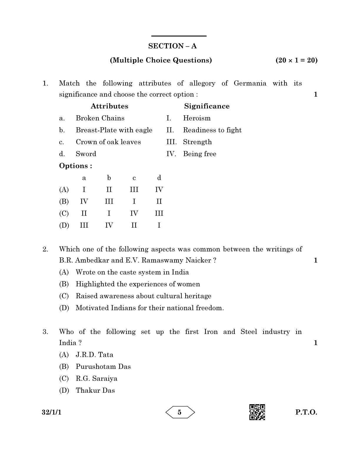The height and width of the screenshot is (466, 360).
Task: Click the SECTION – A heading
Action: [x=172, y=46]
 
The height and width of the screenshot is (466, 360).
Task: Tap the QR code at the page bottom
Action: [x=257, y=412]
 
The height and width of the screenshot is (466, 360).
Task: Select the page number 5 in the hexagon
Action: [x=180, y=412]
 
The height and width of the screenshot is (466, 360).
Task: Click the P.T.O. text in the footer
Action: [x=306, y=412]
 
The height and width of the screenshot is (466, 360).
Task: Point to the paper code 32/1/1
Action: [x=52, y=412]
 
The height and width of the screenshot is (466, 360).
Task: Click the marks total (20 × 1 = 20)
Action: [x=296, y=60]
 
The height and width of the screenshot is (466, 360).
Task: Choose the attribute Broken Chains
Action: [x=100, y=118]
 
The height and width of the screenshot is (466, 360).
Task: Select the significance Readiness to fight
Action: [x=212, y=130]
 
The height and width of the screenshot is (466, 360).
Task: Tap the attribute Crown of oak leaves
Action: [x=108, y=142]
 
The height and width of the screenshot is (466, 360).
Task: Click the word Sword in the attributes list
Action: [x=86, y=154]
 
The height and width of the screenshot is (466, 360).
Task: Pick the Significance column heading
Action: [x=207, y=106]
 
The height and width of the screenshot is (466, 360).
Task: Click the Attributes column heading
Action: [x=109, y=106]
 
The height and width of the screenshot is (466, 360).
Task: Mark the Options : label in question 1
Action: [x=76, y=166]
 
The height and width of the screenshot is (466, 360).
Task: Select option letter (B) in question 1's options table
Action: [x=64, y=202]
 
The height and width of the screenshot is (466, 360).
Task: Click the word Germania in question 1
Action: [x=250, y=84]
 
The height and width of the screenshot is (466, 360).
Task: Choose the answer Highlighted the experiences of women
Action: [x=138, y=284]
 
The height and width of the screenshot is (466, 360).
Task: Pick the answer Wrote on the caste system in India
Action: [x=132, y=272]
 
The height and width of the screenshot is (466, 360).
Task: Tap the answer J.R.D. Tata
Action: [x=94, y=355]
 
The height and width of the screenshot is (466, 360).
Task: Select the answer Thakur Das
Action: [x=95, y=391]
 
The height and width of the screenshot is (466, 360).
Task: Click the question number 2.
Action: [x=45, y=249]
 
